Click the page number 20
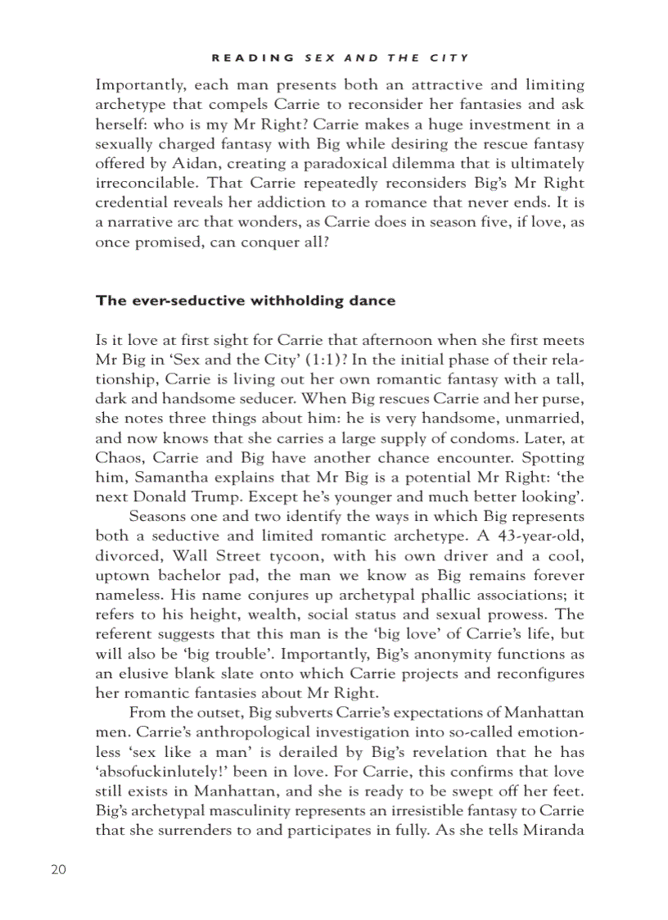click(58, 869)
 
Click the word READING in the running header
click(253, 57)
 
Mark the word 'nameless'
click(128, 596)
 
